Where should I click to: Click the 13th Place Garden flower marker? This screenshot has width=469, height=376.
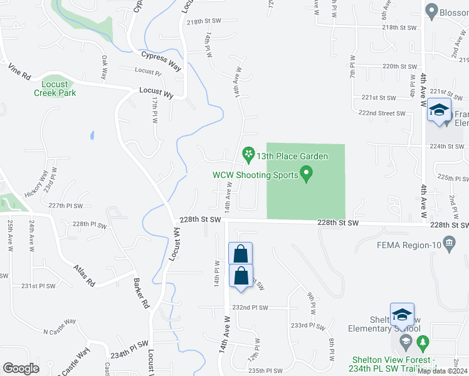248,154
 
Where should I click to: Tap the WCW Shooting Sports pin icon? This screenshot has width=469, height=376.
307,173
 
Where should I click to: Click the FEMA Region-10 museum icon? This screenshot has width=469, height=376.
449,243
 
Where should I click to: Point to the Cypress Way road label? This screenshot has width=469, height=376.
162,57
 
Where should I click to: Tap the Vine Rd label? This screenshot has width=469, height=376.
19,72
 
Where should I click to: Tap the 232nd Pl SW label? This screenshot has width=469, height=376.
250,308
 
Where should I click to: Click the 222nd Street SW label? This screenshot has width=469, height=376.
382,113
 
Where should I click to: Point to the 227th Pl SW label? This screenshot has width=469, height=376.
66,206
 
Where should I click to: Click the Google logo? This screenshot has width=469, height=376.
21,368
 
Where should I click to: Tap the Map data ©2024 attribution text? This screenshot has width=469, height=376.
442,371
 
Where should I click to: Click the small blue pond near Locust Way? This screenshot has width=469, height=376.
92,135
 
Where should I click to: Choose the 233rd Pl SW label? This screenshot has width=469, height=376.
308,326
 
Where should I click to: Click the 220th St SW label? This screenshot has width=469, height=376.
399,66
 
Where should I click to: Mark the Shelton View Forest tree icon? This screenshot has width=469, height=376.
423,342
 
